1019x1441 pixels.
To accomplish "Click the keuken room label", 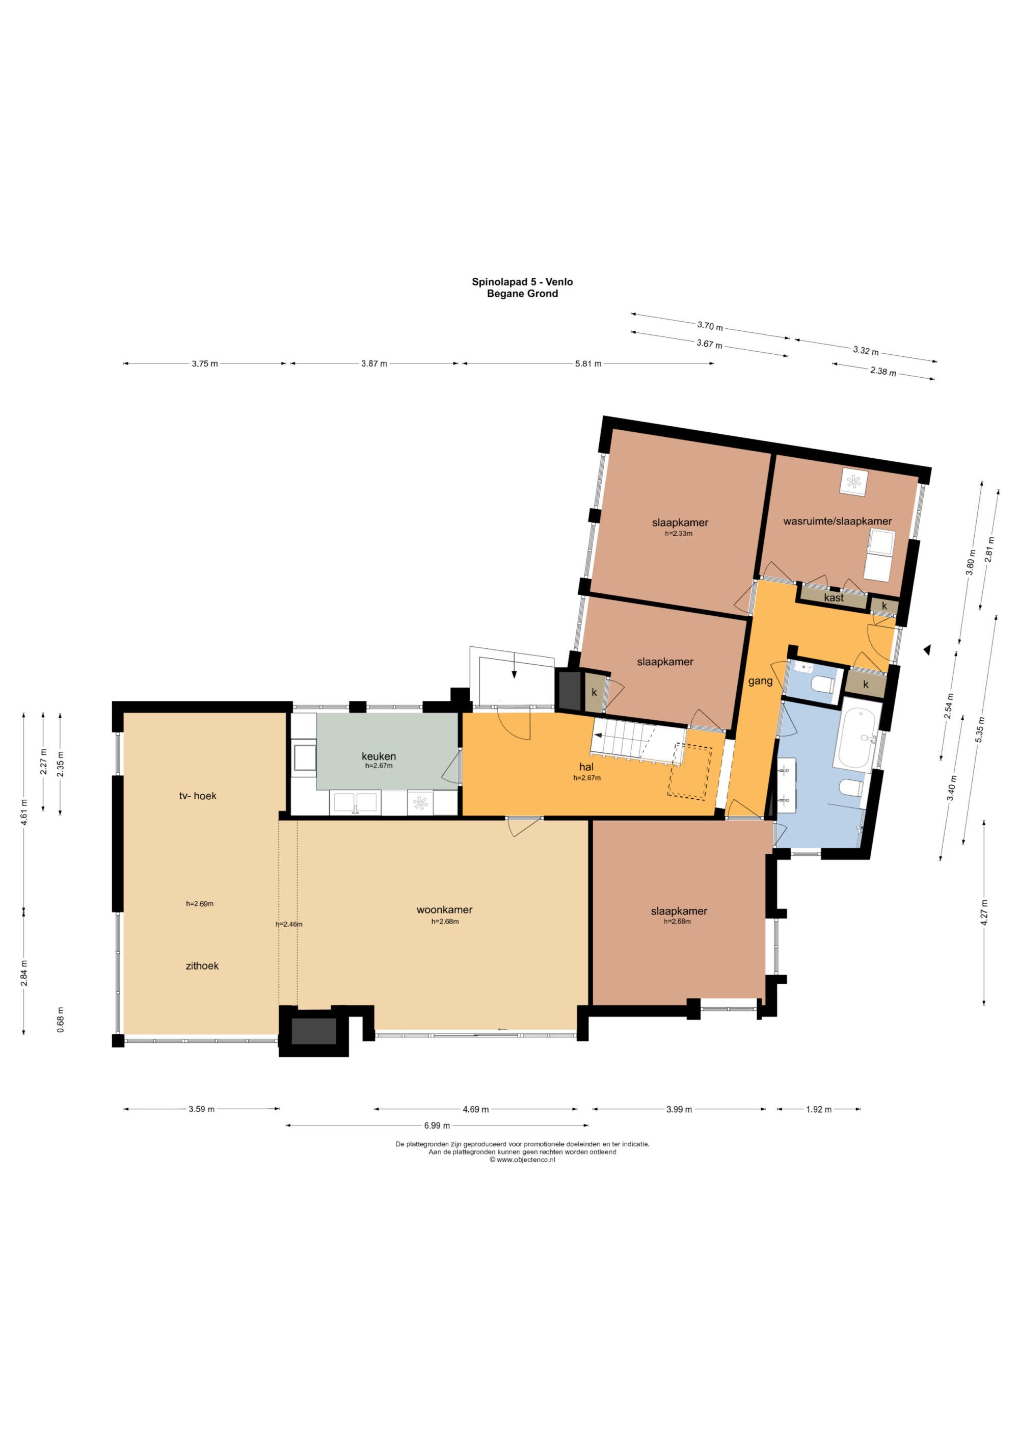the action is (x=379, y=756).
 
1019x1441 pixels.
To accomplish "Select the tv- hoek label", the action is (x=198, y=796).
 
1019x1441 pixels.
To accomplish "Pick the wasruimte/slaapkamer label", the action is (x=837, y=521).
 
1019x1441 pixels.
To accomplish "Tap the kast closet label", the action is (x=834, y=598).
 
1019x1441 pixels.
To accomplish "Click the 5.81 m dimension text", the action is (x=588, y=363).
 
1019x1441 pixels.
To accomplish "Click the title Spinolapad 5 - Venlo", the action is (x=522, y=282).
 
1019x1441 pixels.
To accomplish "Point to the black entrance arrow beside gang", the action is (x=926, y=651).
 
